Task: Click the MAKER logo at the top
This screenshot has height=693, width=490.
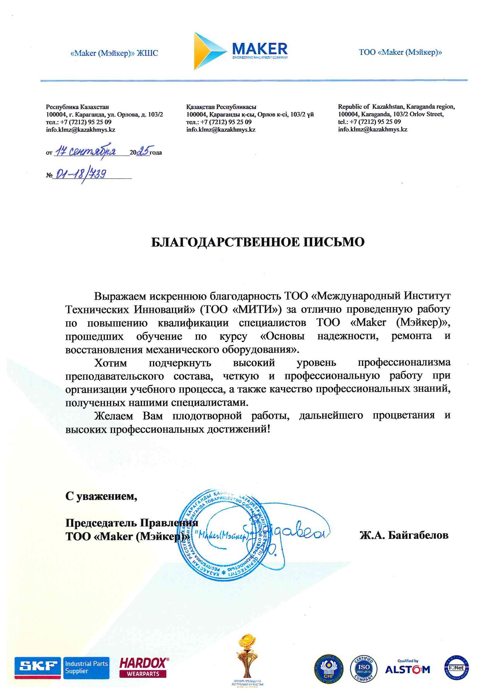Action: point(241,51)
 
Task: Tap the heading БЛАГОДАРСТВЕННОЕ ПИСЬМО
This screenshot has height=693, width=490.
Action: point(258,242)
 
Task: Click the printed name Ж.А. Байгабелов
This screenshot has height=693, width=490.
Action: point(404,535)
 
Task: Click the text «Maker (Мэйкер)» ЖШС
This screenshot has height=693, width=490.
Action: point(114,53)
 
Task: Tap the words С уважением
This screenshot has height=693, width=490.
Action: point(101,496)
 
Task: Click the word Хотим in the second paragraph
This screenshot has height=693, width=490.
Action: point(111,363)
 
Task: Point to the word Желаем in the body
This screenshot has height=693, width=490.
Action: point(114,416)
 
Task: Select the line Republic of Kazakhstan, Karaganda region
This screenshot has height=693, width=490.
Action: point(396,106)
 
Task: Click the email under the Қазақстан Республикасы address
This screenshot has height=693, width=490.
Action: point(221,130)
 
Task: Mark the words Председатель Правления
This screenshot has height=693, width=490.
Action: point(132,523)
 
